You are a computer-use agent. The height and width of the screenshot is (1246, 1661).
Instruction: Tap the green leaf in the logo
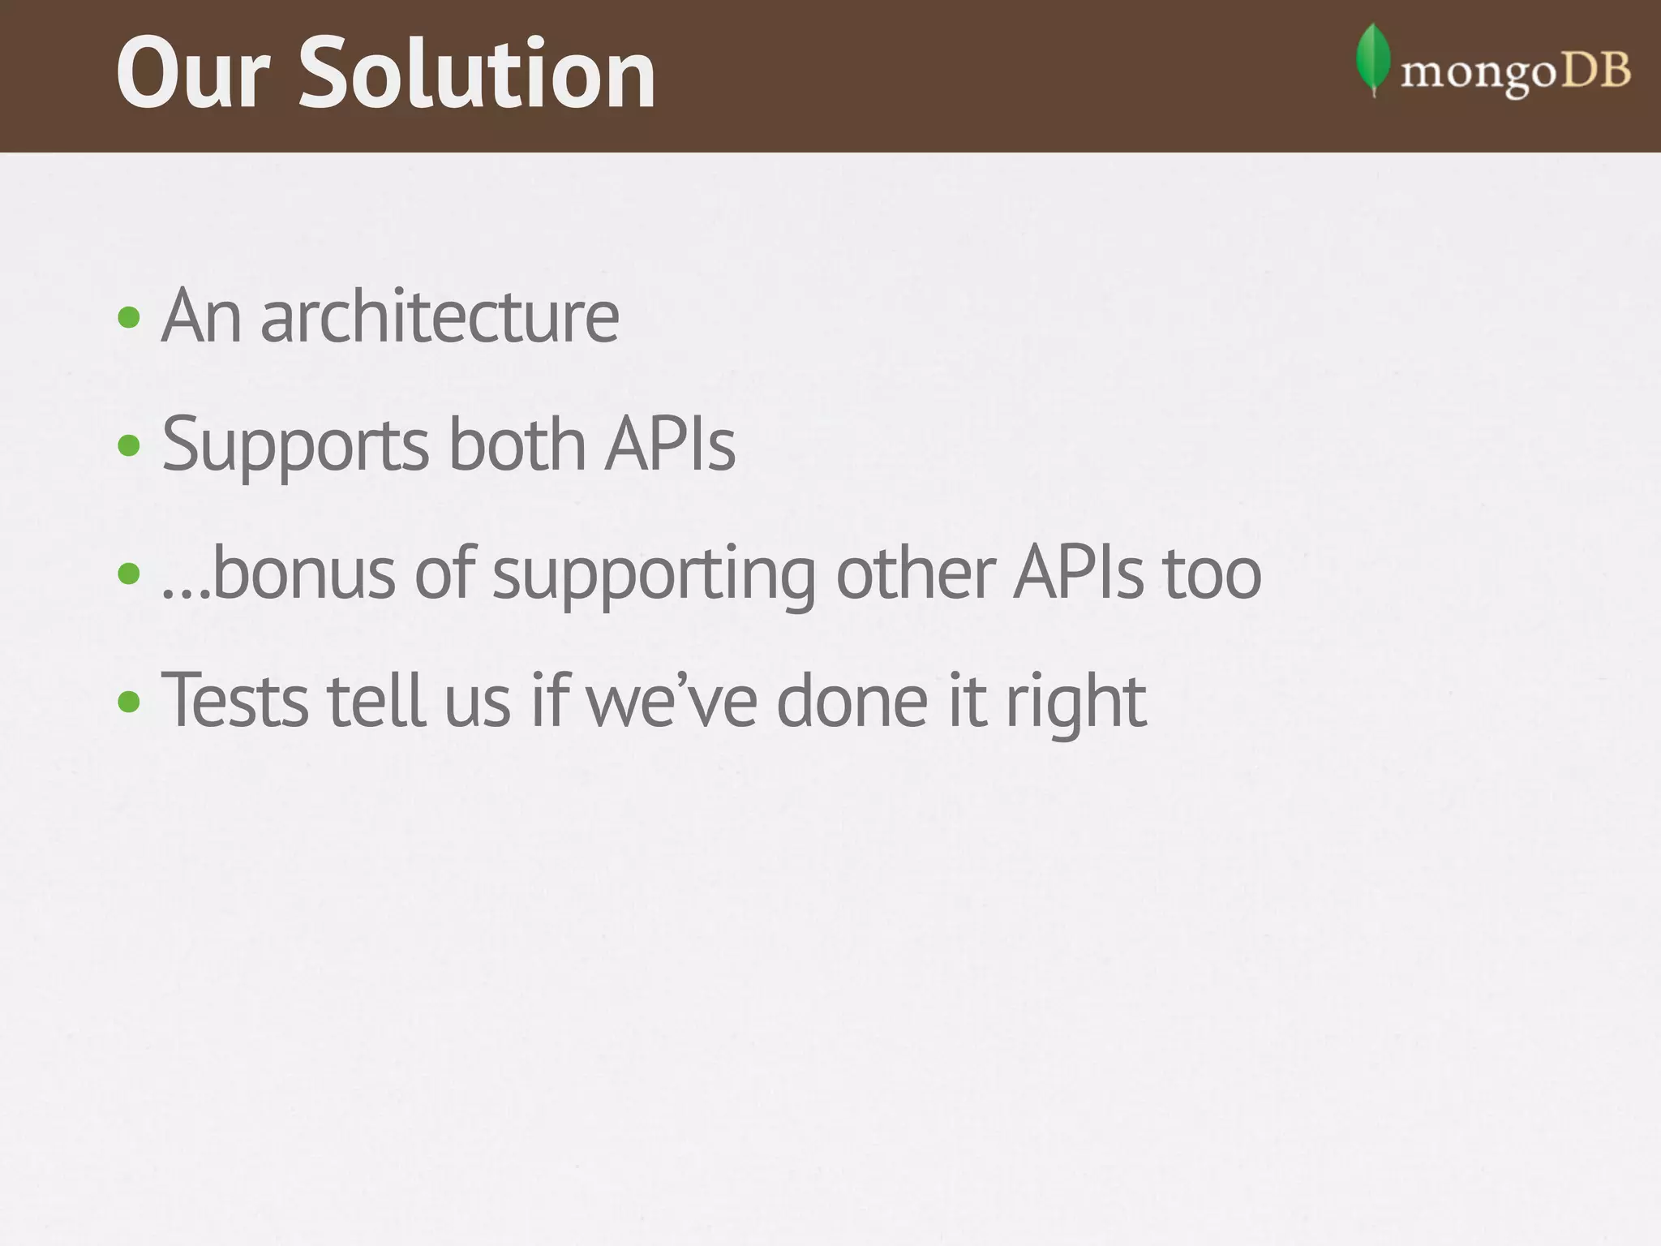coord(1372,58)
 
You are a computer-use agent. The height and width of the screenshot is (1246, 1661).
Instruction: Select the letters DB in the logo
coord(1596,71)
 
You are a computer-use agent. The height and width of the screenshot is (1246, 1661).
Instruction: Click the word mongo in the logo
coord(1479,75)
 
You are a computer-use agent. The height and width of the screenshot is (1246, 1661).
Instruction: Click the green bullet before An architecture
coord(129,317)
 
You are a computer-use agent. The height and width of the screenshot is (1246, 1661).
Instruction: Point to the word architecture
coord(439,316)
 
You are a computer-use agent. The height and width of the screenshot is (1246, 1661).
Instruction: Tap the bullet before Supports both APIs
coord(129,445)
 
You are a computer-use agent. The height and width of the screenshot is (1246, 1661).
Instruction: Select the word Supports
coord(294,446)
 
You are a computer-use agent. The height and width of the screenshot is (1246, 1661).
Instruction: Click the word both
coord(517,445)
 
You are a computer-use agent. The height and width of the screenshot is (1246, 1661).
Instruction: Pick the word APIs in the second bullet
coord(670,445)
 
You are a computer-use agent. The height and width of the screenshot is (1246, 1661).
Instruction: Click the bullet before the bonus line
coord(129,574)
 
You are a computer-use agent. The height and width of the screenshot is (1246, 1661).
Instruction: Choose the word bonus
coord(303,573)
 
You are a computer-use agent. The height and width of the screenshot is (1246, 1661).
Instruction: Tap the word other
coord(916,573)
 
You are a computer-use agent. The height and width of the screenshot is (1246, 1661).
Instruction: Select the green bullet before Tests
coord(129,701)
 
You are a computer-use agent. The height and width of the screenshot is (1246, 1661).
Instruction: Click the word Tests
coord(235,701)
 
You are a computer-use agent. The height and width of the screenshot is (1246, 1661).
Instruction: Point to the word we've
coord(672,701)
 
